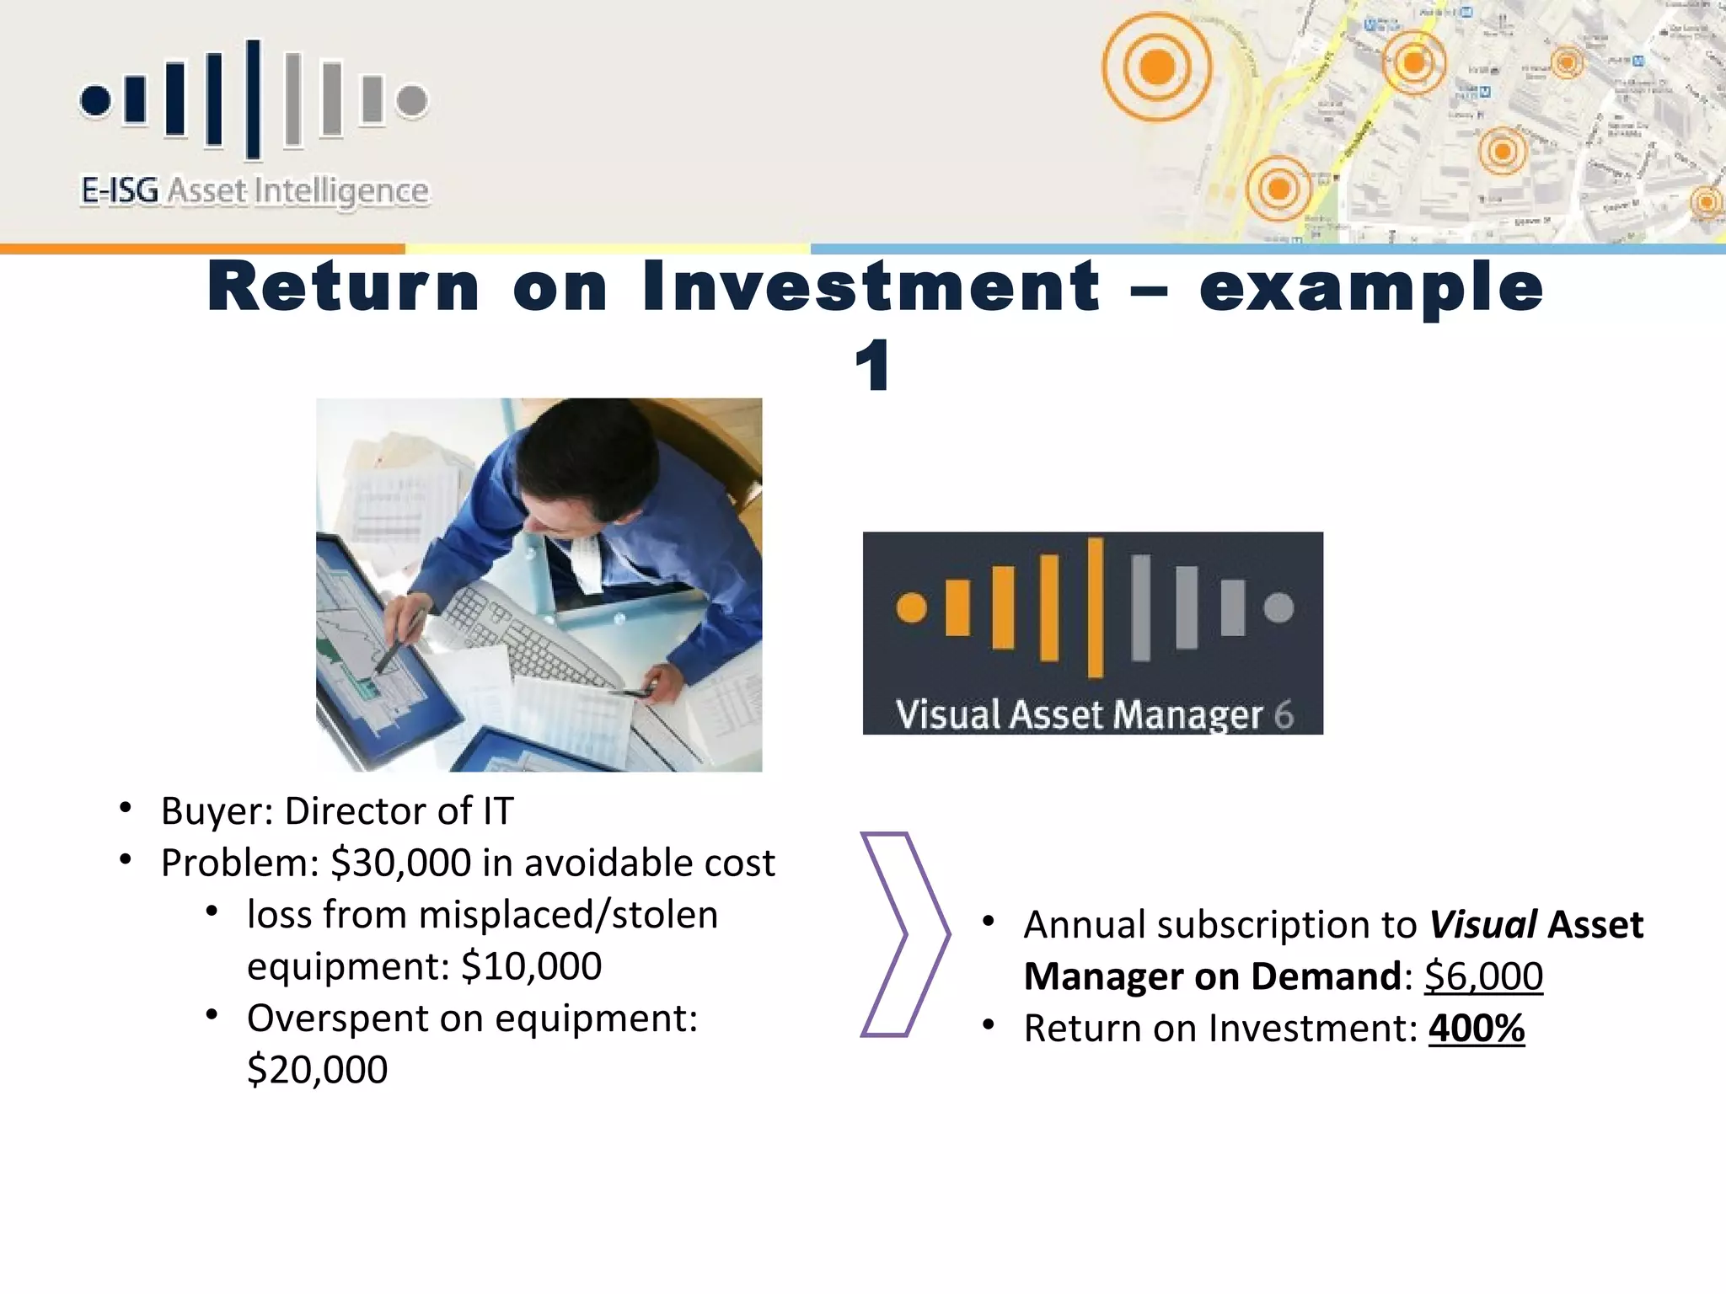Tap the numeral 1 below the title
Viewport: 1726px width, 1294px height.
(x=872, y=366)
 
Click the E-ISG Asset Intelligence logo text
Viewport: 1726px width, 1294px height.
(x=255, y=191)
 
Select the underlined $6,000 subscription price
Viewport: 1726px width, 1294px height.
(x=1483, y=976)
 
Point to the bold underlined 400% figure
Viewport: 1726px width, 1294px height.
(x=1477, y=1029)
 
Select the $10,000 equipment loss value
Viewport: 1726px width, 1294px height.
(x=531, y=966)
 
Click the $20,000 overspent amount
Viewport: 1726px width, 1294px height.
(x=317, y=1070)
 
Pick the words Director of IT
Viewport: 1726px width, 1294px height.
(x=399, y=811)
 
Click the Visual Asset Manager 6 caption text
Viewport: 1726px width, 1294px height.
(x=1093, y=714)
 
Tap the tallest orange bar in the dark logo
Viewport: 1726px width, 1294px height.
(x=1095, y=607)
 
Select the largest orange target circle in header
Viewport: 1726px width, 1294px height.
(x=1156, y=67)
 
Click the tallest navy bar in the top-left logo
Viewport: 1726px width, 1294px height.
(x=253, y=99)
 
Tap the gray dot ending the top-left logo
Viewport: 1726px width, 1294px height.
(x=412, y=100)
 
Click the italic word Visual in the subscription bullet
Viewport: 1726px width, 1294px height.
(x=1483, y=925)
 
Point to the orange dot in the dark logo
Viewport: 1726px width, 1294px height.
(x=911, y=607)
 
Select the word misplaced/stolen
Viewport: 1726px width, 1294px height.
(x=567, y=915)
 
